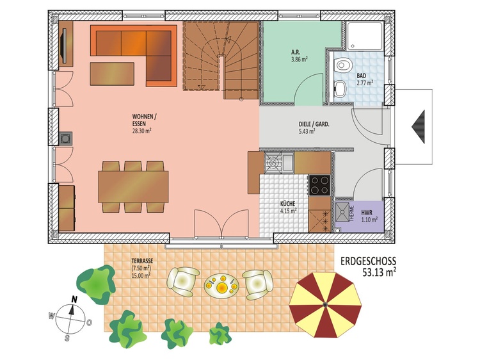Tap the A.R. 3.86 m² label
coord(299,56)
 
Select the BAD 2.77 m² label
coord(365,79)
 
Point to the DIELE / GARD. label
coord(314,125)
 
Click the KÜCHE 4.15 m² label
coord(289,207)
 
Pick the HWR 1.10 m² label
coord(369,216)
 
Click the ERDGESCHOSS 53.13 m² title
coord(368,266)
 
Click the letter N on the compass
coord(74,299)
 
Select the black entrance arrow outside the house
coord(418,127)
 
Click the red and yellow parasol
coord(325,304)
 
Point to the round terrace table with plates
coord(221,286)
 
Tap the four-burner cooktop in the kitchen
coord(319,185)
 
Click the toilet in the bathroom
coord(342,65)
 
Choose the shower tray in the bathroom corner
coord(365,36)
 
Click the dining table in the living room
coord(133,187)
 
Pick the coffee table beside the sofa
coord(112,74)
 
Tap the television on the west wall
coord(65,45)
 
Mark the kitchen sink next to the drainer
coord(288,162)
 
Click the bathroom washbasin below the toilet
coord(340,88)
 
